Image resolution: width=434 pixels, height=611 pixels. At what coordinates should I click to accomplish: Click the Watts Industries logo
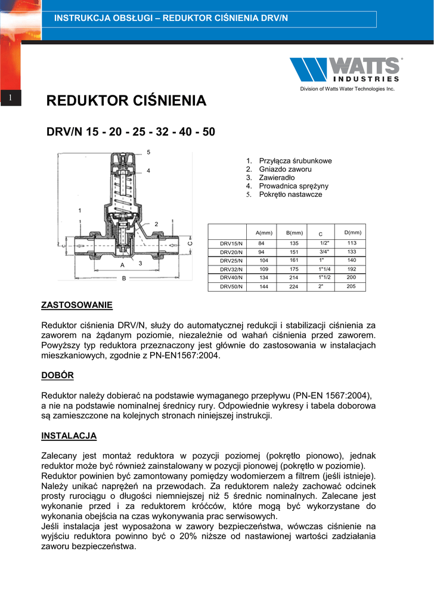(345, 69)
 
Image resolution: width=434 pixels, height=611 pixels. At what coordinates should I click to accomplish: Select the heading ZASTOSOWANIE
(76, 305)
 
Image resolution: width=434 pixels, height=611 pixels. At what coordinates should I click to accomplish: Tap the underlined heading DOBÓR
(58, 375)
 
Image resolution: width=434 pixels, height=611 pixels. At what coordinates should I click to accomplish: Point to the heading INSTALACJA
(69, 436)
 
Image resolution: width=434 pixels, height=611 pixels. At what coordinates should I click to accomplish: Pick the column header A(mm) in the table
(263, 232)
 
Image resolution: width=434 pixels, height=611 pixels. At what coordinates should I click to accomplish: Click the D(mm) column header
(353, 232)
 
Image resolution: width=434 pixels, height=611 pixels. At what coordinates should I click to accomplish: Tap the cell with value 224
(293, 286)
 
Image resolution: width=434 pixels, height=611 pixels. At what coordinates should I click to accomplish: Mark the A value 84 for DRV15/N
(261, 243)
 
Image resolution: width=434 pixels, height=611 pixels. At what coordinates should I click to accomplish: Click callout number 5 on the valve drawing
(148, 152)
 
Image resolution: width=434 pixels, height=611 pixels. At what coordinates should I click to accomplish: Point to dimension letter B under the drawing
(124, 278)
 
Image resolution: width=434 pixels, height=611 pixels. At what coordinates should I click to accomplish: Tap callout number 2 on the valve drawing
(156, 224)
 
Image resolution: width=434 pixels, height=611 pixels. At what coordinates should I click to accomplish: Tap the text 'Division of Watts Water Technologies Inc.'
(347, 89)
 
